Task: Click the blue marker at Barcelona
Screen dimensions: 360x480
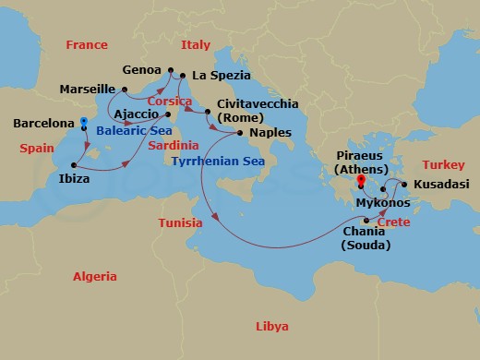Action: click(x=83, y=122)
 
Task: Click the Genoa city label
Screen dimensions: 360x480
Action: click(x=141, y=70)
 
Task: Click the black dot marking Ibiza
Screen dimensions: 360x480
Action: click(x=73, y=162)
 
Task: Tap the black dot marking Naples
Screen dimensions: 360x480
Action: click(x=242, y=132)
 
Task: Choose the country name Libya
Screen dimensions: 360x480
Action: click(x=271, y=327)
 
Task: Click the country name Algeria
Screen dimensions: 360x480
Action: click(x=95, y=276)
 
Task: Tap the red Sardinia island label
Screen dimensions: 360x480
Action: click(x=174, y=145)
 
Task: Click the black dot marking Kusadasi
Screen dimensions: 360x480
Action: click(x=404, y=185)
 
